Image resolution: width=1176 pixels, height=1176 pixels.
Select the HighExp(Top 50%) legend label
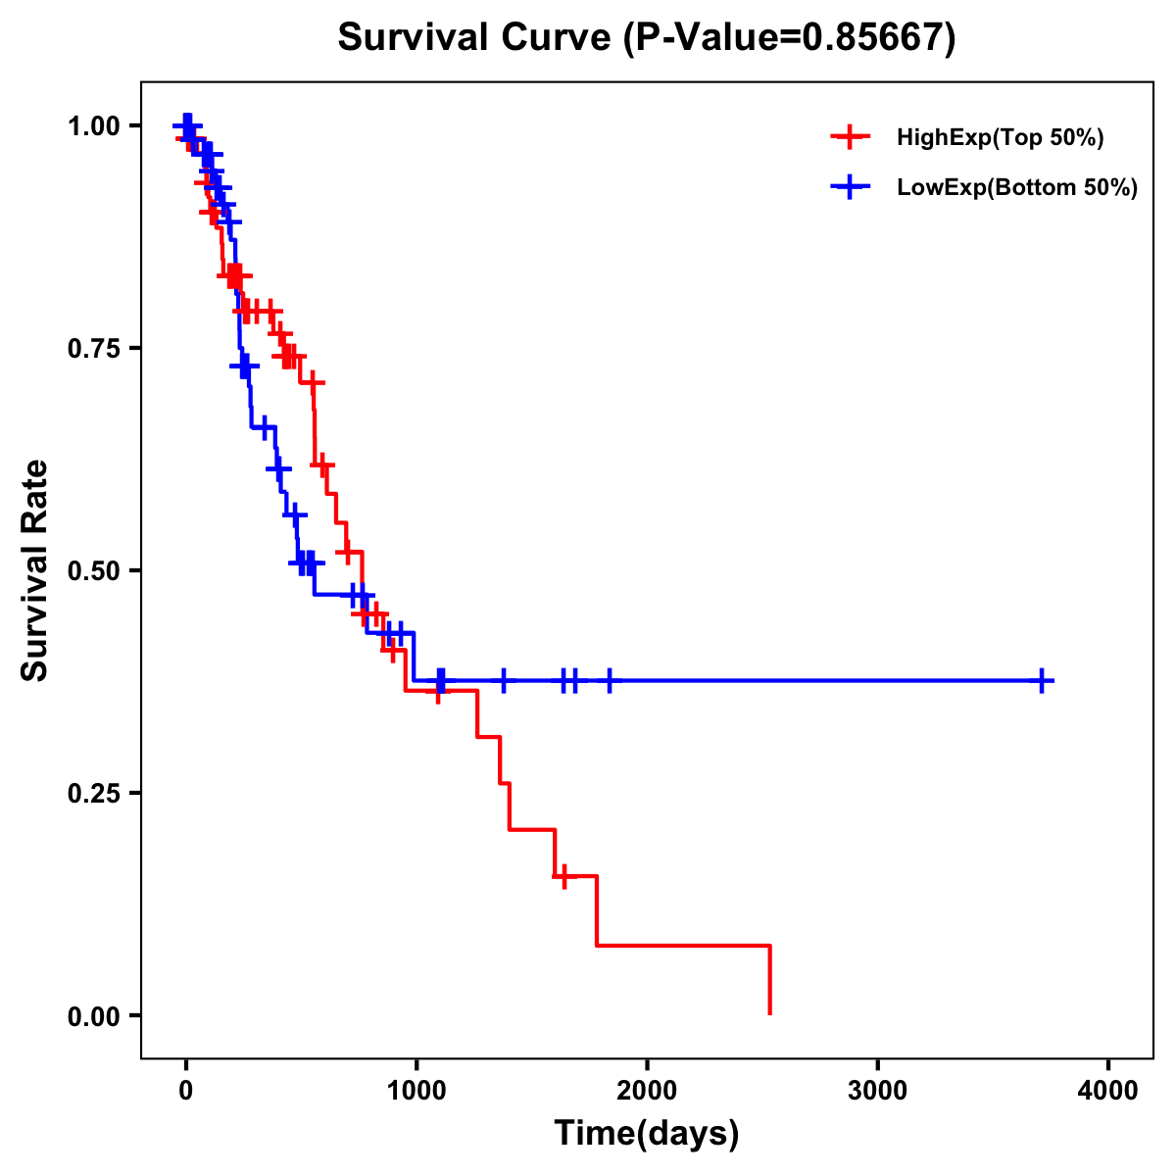pyautogui.click(x=1000, y=137)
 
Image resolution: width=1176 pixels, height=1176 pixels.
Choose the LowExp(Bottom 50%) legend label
pyautogui.click(x=1017, y=188)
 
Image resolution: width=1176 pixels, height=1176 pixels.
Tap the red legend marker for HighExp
pyautogui.click(x=851, y=137)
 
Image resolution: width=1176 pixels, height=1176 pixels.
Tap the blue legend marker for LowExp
pyautogui.click(x=851, y=188)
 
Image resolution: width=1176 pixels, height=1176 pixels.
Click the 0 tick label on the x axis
pyautogui.click(x=185, y=1091)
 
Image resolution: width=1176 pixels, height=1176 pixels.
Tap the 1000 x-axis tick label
pyautogui.click(x=416, y=1091)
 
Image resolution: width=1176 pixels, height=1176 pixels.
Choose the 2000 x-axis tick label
pyautogui.click(x=647, y=1091)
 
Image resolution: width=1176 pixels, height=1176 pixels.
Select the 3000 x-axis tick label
pyautogui.click(x=877, y=1091)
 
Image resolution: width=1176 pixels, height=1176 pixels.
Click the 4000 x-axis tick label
pyautogui.click(x=1108, y=1091)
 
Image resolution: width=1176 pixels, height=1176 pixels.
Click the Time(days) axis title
pyautogui.click(x=647, y=1134)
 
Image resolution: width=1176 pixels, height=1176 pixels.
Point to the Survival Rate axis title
pyautogui.click(x=35, y=570)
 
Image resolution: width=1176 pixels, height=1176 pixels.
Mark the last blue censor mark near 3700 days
pyautogui.click(x=1043, y=680)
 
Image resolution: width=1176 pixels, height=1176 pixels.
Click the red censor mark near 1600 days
pyautogui.click(x=563, y=876)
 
